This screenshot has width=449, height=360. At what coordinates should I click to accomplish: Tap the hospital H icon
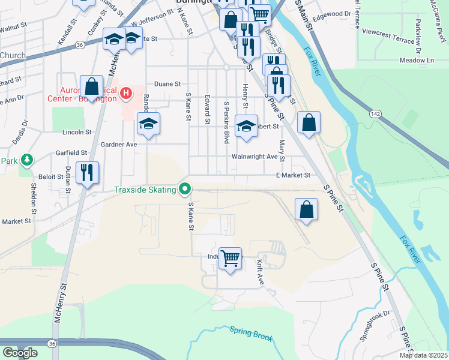pyautogui.click(x=126, y=93)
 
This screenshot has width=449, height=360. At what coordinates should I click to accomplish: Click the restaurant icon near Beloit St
pyautogui.click(x=88, y=173)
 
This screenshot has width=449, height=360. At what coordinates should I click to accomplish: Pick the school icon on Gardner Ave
pyautogui.click(x=148, y=124)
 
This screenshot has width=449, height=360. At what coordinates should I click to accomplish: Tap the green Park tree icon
pyautogui.click(x=26, y=160)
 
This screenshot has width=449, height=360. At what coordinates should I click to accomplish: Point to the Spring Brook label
pyautogui.click(x=251, y=334)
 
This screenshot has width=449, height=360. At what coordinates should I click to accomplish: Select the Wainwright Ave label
pyautogui.click(x=255, y=157)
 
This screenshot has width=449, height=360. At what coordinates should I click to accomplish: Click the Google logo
pyautogui.click(x=20, y=353)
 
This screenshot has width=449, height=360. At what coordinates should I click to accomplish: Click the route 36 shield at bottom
pyautogui.click(x=52, y=343)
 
